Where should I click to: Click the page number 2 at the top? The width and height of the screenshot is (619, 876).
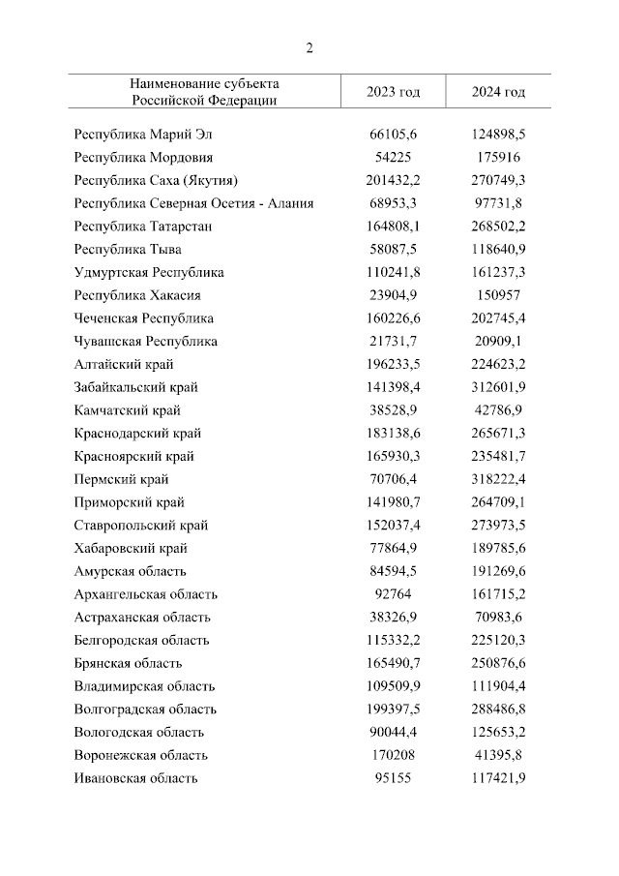pos(309,47)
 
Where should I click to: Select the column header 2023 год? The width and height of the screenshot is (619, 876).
pos(393,92)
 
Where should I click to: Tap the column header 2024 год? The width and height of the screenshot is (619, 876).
pos(498,92)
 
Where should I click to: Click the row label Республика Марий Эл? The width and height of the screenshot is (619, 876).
pos(141,134)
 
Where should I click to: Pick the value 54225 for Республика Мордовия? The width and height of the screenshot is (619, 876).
pos(393,157)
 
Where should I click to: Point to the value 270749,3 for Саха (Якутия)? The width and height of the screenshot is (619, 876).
pos(498,180)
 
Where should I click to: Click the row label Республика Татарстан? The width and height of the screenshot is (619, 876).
pos(143,226)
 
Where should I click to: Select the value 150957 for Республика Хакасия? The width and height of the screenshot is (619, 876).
pos(498,295)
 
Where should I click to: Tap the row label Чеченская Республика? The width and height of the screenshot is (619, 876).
pos(143,318)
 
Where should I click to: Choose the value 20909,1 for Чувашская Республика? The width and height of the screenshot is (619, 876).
pos(498,341)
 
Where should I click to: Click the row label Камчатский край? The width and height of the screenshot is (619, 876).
pos(127,410)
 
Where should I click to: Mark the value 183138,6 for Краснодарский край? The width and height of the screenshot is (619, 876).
pos(393,434)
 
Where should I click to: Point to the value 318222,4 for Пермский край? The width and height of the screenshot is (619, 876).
pos(498,479)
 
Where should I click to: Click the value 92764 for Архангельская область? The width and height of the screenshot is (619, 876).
pos(393,594)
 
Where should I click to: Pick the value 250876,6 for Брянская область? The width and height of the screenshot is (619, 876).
pos(498,663)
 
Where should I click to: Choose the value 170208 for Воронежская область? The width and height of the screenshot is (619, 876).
pos(393,755)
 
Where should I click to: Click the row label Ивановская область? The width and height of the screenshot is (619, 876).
pos(136,778)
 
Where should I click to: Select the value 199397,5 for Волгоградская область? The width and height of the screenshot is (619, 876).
pos(393,710)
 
